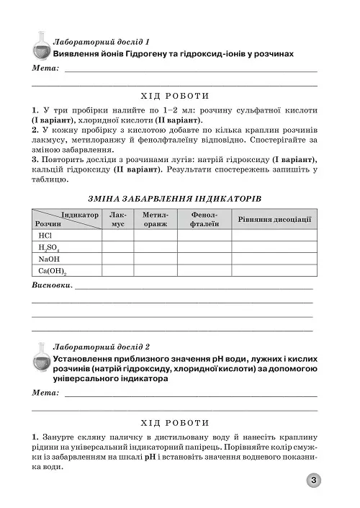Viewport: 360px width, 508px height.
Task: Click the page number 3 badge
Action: pyautogui.click(x=315, y=481)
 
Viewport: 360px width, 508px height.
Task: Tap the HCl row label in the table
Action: pyautogui.click(x=46, y=235)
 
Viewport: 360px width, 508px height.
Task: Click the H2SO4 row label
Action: pyautogui.click(x=50, y=246)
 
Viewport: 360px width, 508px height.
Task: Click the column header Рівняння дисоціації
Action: pyautogui.click(x=274, y=218)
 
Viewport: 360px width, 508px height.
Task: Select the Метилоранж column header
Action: pyautogui.click(x=155, y=219)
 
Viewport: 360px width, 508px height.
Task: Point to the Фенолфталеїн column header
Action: pyautogui.click(x=204, y=219)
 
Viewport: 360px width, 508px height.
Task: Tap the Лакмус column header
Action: pyautogui.click(x=117, y=219)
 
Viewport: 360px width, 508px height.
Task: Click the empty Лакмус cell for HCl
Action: pyautogui.click(x=117, y=235)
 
